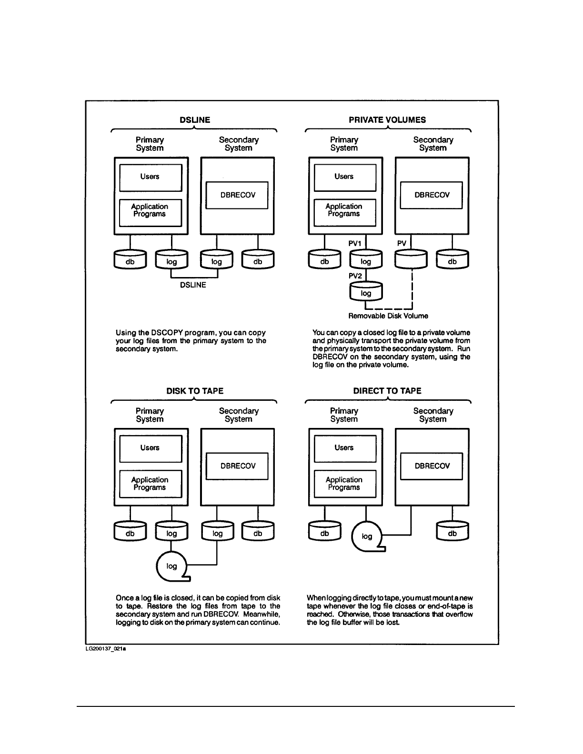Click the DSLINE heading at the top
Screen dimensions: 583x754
(x=195, y=120)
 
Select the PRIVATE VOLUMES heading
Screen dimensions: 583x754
(x=387, y=120)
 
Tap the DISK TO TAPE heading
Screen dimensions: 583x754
(x=195, y=391)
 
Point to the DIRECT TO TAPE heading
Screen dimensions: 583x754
(x=387, y=391)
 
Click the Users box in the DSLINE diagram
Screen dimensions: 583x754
(x=151, y=178)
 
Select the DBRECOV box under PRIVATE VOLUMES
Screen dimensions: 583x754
(x=431, y=195)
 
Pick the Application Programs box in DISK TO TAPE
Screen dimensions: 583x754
(x=151, y=484)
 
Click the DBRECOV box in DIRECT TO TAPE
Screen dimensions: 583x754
(x=431, y=466)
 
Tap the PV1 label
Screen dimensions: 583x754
(x=355, y=244)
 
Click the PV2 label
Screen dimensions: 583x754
(x=355, y=276)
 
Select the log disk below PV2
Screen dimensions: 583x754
(x=366, y=291)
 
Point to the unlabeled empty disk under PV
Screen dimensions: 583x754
(x=411, y=259)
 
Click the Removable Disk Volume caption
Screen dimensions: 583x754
(x=388, y=316)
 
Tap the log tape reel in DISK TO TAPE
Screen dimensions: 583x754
(x=172, y=566)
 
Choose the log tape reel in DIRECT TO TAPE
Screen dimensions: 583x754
(x=368, y=536)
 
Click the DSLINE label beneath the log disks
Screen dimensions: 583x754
(x=193, y=285)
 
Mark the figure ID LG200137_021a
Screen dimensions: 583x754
(x=106, y=649)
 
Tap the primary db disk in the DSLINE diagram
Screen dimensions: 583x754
(x=130, y=259)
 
